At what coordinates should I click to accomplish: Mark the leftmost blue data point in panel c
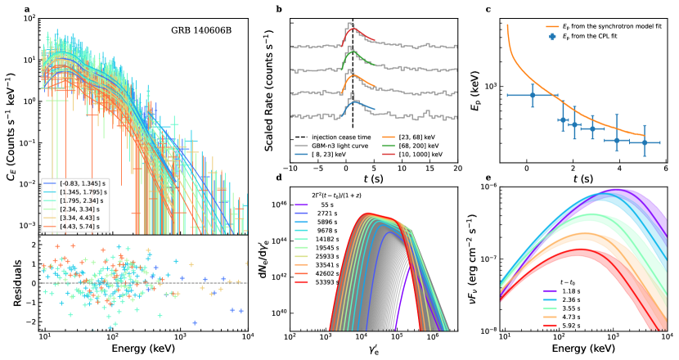point(533,95)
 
